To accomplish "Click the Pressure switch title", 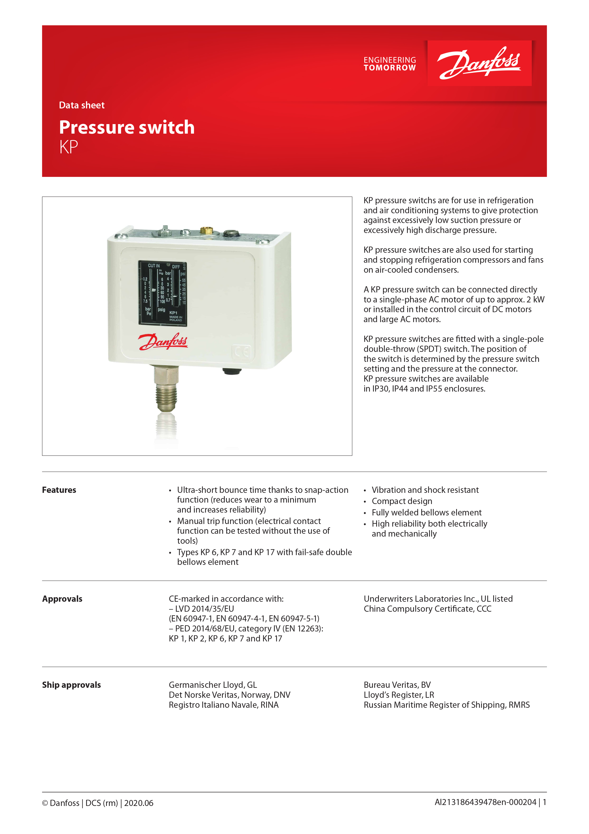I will [127, 127].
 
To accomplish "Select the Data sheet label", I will [82, 105].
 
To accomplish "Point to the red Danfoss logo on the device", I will [163, 341].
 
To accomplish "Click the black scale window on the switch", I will [163, 293].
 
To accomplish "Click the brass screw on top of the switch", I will [206, 230].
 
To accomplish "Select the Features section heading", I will [59, 490].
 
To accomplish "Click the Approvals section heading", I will [62, 599].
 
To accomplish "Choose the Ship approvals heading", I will [71, 685].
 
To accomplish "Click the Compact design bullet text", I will [402, 501].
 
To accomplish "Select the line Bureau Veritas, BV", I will [397, 685].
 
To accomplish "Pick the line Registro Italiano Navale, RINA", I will [223, 705].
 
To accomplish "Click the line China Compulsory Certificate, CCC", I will [427, 609].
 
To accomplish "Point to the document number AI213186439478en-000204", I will [485, 802].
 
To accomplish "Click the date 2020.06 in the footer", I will [139, 803].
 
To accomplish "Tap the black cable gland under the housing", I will [232, 371].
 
